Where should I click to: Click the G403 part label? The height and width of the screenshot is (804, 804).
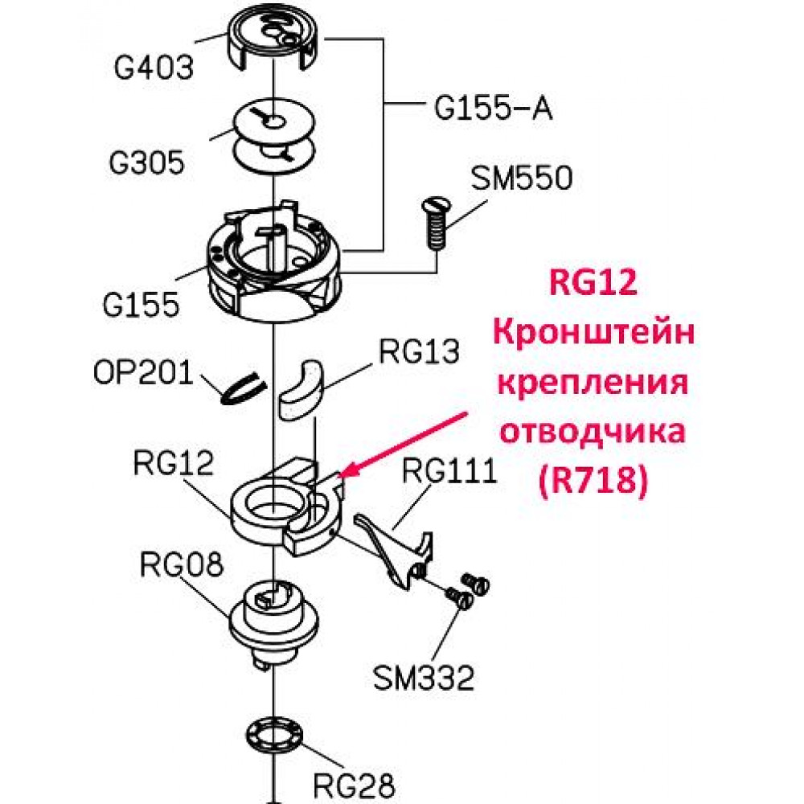pos(154,68)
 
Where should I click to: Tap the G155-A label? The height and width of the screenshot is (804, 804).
pos(494,109)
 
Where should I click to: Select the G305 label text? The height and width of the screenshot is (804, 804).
pos(146,162)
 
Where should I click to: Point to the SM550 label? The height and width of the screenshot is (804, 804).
pos(522,178)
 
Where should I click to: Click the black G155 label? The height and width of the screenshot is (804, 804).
pos(141,305)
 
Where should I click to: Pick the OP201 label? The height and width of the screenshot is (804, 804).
pos(143,372)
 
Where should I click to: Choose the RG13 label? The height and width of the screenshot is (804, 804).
pos(418,351)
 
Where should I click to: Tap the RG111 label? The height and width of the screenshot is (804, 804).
pos(449,470)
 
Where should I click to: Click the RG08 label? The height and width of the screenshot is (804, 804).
pos(182,564)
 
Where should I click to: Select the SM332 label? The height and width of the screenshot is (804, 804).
pos(423,677)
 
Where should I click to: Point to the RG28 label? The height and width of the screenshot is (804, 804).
pos(354,785)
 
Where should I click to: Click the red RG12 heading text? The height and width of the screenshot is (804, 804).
pos(593,282)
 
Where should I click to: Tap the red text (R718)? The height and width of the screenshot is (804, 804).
pos(593,481)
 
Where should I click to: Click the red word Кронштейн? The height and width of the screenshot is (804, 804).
pos(594,332)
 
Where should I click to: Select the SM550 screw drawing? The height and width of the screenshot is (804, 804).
pos(435,224)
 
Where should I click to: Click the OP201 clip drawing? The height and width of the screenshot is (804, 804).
pos(243,388)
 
